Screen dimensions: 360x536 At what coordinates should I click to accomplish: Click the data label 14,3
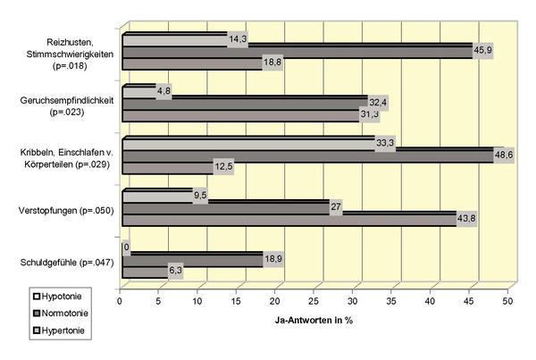239,39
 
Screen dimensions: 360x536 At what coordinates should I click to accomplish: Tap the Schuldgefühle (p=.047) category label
64,262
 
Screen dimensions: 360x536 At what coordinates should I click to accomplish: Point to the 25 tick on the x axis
314,301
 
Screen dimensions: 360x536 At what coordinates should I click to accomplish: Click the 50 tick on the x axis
507,301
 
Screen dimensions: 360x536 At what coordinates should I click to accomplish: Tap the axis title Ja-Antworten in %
314,319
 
